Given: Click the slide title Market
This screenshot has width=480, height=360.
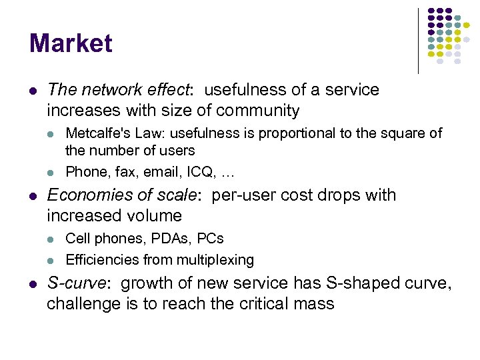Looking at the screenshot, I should coord(71,44).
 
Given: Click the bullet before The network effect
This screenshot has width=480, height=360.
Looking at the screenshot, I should coord(33,90).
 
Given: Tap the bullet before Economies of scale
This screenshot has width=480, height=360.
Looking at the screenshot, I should coord(33,196).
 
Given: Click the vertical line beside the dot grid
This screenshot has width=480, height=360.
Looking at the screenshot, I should coord(418,40).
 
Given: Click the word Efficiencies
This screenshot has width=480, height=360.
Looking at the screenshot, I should coord(100,259).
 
